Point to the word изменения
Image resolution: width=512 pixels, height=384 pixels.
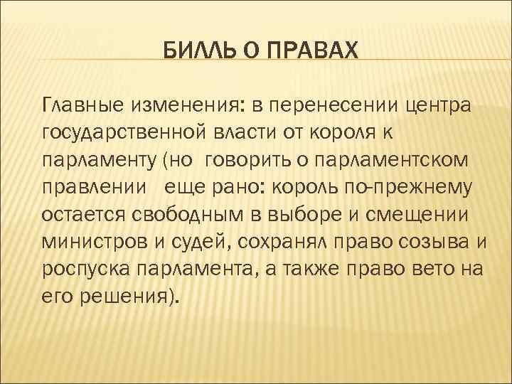(184, 106)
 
